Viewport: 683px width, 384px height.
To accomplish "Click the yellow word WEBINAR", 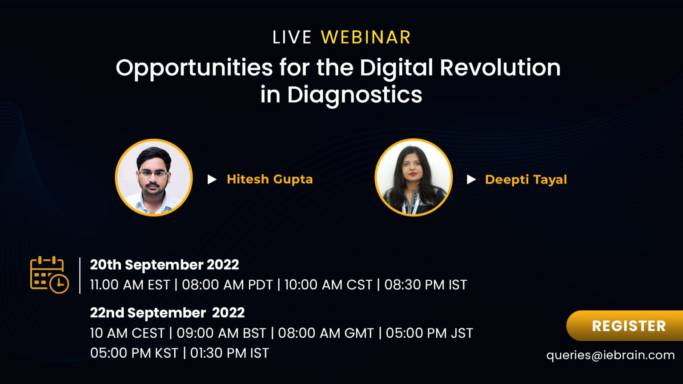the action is [366, 37].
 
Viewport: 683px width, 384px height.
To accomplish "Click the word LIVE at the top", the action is [292, 37].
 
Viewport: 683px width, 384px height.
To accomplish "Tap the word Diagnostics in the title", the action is [354, 95].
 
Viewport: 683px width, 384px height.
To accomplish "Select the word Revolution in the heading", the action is [500, 68].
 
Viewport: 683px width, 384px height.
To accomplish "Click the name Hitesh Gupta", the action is [270, 180].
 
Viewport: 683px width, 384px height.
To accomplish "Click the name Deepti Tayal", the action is [526, 180].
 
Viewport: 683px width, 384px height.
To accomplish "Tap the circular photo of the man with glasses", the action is [154, 178].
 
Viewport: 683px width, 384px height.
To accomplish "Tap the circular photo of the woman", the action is [414, 177].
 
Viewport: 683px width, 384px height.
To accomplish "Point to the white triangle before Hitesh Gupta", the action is [212, 180].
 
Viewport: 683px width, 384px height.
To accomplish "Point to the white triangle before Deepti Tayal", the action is [471, 180].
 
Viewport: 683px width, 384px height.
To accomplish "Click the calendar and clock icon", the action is [49, 275].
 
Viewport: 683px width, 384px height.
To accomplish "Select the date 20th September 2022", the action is [165, 264].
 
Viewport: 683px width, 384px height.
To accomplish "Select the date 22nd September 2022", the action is [167, 313].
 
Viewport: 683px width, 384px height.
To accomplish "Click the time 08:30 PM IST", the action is [426, 284].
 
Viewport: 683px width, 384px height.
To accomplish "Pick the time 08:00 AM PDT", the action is [227, 284].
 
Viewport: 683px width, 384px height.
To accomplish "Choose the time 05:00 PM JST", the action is [429, 333].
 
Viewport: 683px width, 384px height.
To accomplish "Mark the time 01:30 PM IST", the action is [229, 353].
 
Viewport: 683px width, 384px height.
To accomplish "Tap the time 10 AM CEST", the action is [127, 333].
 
